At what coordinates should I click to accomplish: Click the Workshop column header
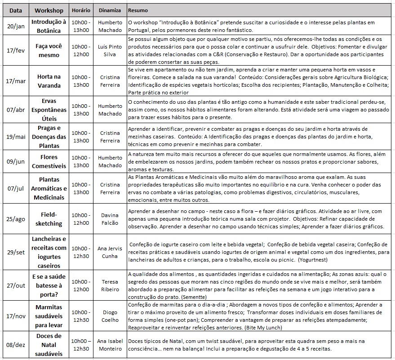click(x=49, y=10)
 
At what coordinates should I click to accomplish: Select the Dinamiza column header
click(x=110, y=10)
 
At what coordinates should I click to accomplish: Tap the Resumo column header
click(x=138, y=10)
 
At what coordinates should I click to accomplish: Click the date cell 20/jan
click(x=16, y=26)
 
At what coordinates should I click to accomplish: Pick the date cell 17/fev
click(x=16, y=50)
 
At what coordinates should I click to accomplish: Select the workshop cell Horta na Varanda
click(x=49, y=80)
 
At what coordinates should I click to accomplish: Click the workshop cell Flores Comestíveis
click(x=49, y=161)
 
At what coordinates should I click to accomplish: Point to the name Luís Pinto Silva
click(x=110, y=50)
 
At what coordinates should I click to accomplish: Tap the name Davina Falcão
click(x=110, y=219)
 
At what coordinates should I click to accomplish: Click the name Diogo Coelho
click(x=110, y=316)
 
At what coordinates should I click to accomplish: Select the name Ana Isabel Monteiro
click(x=110, y=345)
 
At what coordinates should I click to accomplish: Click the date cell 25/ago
click(x=16, y=219)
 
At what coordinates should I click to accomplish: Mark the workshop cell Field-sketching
click(x=49, y=219)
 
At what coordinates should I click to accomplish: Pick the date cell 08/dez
click(x=16, y=345)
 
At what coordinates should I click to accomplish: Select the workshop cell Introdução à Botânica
click(x=49, y=26)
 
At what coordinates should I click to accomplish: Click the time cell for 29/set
click(x=81, y=252)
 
